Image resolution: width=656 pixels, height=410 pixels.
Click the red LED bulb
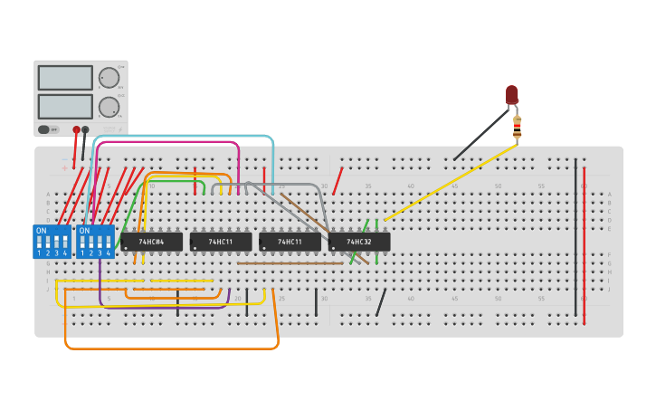(512, 94)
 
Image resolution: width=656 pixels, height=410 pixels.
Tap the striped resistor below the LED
(517, 128)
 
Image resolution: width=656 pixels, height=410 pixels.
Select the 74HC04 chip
(151, 242)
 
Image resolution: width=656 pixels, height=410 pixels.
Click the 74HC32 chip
(359, 242)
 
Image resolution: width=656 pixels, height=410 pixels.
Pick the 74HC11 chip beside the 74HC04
(221, 242)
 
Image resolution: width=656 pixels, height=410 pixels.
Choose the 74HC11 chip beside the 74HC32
(290, 242)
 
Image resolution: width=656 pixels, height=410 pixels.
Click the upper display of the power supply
(64, 78)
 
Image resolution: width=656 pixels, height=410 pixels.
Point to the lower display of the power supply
(64, 106)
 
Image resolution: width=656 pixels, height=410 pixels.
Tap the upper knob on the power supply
(109, 78)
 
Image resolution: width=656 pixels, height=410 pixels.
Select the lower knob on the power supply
(109, 107)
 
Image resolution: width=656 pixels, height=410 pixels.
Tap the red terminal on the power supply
(76, 129)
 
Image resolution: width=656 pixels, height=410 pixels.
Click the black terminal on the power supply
(85, 129)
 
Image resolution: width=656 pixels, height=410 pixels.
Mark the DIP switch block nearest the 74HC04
(95, 242)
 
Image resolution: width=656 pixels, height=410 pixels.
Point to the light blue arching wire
(181, 137)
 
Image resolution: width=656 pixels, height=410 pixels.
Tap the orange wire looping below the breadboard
(172, 348)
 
